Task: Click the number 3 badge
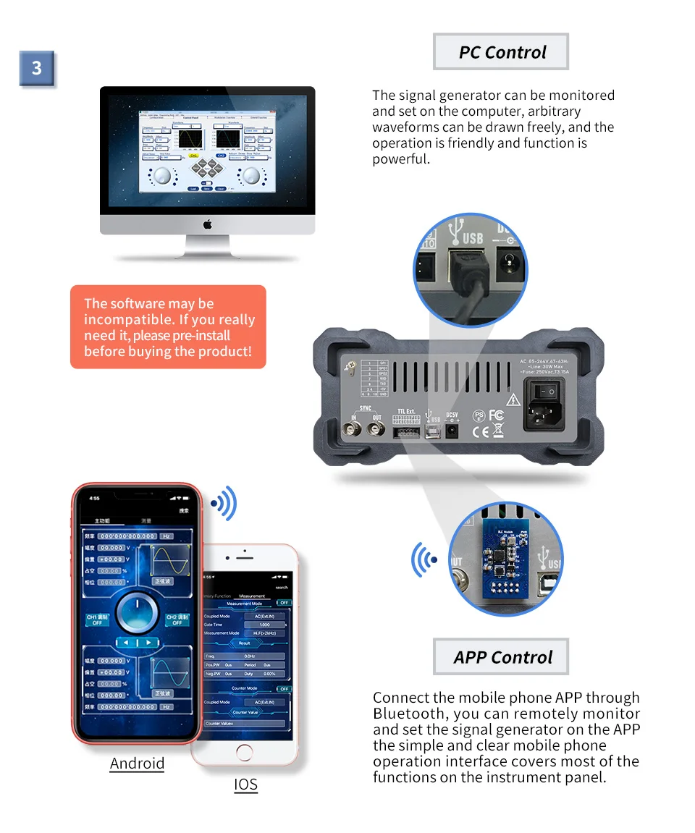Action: (x=36, y=69)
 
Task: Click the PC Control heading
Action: (x=502, y=52)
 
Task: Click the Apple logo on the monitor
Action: (x=207, y=224)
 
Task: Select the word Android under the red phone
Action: (x=137, y=764)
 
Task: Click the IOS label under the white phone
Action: (x=245, y=785)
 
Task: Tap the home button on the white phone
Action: (x=245, y=752)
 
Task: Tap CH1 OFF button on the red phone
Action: (x=97, y=620)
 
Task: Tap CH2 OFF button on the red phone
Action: (x=177, y=620)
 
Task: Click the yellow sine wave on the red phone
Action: (x=171, y=561)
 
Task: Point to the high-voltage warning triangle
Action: (x=513, y=399)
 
